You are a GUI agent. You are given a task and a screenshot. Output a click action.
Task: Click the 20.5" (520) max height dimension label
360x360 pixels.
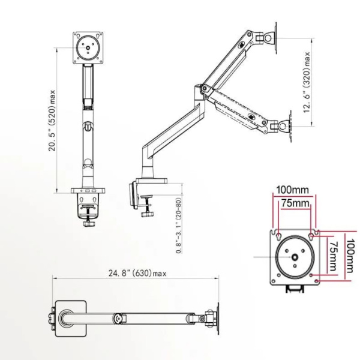click(52, 121)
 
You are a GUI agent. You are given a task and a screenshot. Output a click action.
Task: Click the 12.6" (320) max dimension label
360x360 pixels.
click(307, 82)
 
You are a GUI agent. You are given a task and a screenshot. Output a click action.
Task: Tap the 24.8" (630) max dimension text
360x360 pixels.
click(137, 274)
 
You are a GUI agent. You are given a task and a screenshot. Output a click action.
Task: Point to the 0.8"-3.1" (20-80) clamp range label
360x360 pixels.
click(179, 226)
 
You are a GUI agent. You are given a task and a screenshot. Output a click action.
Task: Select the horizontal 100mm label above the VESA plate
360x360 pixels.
click(293, 190)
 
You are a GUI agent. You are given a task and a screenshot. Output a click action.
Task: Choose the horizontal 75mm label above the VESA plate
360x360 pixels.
click(295, 203)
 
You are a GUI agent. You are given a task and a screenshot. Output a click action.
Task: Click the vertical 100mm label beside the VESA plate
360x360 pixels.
click(350, 256)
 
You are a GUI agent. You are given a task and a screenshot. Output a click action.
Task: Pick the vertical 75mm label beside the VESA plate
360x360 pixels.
click(332, 256)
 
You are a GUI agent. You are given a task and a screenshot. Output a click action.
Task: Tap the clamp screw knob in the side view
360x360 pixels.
click(147, 214)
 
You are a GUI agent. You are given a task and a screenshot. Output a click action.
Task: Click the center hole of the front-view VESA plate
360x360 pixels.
click(88, 48)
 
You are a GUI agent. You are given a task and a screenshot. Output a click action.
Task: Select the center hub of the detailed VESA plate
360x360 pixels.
click(295, 257)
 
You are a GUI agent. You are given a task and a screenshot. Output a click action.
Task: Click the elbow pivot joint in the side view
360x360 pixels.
click(204, 88)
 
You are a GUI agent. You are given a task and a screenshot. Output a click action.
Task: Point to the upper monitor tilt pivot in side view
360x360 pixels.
click(269, 38)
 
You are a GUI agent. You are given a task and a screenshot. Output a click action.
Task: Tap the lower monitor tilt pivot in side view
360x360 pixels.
click(283, 126)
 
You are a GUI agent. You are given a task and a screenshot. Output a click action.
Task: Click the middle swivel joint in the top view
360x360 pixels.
click(118, 319)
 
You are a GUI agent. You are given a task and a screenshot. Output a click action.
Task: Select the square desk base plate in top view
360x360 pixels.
click(71, 319)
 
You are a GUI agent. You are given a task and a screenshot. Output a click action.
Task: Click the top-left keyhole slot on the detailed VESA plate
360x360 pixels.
click(278, 236)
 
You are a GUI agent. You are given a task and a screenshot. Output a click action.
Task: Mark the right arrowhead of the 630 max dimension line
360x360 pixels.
click(217, 278)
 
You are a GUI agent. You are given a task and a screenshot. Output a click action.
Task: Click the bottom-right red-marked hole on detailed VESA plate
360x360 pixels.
click(317, 281)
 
